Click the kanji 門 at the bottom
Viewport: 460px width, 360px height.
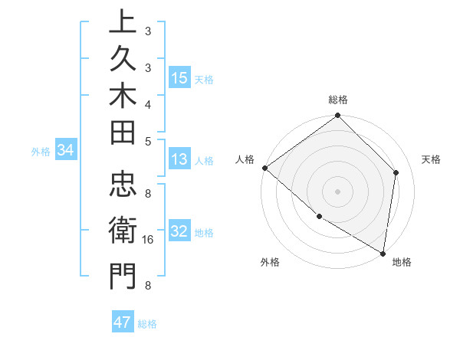pyautogui.click(x=123, y=276)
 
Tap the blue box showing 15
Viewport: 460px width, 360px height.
pyautogui.click(x=179, y=77)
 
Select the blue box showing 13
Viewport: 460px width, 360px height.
pyautogui.click(x=179, y=159)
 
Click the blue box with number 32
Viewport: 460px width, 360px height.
pyautogui.click(x=179, y=231)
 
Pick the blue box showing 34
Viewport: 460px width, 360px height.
pyautogui.click(x=66, y=151)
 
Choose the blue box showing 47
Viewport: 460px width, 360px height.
pyautogui.click(x=123, y=322)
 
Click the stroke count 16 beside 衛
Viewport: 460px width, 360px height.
pyautogui.click(x=148, y=240)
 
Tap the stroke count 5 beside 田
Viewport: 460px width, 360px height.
pyautogui.click(x=148, y=140)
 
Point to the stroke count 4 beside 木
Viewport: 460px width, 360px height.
pyautogui.click(x=148, y=103)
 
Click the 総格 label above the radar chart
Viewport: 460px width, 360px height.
pyautogui.click(x=338, y=100)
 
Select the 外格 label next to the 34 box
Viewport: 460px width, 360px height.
pyautogui.click(x=41, y=152)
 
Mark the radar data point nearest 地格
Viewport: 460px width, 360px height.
pyautogui.click(x=383, y=253)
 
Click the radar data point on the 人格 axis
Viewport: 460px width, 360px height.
pyautogui.click(x=264, y=168)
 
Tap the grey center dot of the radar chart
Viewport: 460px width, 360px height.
pyautogui.click(x=338, y=191)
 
